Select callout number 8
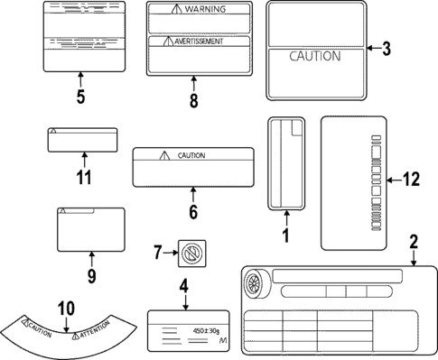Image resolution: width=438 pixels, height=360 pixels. tap(193, 101)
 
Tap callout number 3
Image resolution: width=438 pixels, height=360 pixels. tap(386, 49)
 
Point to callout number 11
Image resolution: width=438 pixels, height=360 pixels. tap(83, 177)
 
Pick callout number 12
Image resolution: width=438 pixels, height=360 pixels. tap(411, 180)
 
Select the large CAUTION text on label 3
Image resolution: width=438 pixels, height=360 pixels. tap(314, 56)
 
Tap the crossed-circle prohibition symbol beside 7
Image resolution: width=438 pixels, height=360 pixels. tap(190, 254)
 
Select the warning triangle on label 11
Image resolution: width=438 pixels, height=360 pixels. tap(54, 132)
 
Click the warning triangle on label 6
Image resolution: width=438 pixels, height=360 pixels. tap(163, 155)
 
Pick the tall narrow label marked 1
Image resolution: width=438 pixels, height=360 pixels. tap(285, 162)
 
